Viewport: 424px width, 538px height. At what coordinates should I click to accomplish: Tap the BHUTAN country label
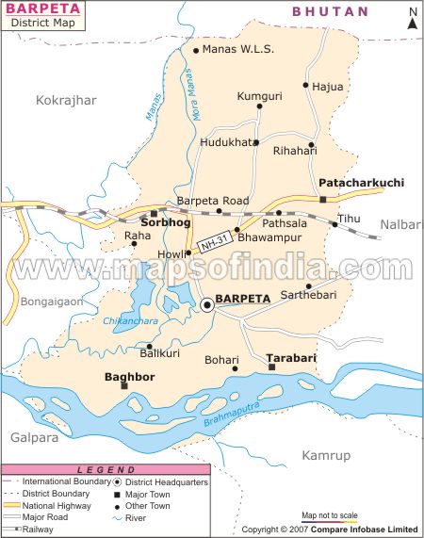tap(330, 11)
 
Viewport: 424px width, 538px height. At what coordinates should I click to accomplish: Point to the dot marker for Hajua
tap(305, 85)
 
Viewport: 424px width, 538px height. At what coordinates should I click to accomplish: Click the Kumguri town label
tap(259, 96)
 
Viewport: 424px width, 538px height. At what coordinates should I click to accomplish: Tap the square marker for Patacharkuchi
tap(322, 200)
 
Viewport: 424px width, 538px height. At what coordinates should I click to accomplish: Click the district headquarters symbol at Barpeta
tap(206, 303)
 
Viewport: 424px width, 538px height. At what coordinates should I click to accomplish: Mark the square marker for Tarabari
tap(271, 367)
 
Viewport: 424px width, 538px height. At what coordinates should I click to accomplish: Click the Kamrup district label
tap(326, 456)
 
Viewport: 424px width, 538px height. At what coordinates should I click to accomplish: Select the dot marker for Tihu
tap(334, 224)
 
